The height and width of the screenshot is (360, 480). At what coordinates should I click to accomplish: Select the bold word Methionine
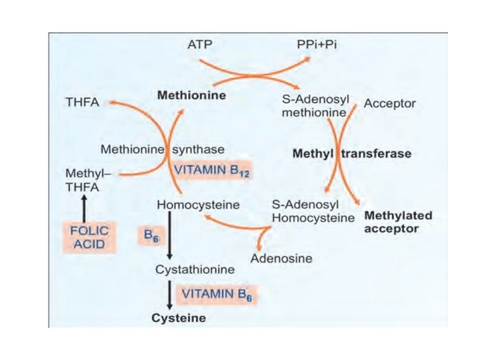191,95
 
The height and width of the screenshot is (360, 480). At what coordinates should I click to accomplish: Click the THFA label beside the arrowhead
82,104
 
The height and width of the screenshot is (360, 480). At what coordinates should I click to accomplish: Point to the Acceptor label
390,104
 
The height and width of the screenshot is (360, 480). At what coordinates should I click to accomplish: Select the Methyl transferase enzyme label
352,153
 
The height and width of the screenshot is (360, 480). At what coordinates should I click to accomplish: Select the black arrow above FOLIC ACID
83,207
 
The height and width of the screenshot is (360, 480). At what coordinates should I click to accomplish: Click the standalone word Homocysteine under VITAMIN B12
189,203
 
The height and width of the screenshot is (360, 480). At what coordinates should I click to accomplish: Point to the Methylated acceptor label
398,222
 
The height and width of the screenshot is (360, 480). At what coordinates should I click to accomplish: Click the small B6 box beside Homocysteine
151,235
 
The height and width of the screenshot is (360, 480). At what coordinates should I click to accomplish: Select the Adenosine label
281,257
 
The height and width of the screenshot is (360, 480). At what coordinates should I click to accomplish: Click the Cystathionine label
194,270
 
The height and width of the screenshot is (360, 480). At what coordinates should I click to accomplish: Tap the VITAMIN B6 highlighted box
216,293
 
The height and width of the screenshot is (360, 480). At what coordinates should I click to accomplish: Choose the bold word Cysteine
179,318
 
